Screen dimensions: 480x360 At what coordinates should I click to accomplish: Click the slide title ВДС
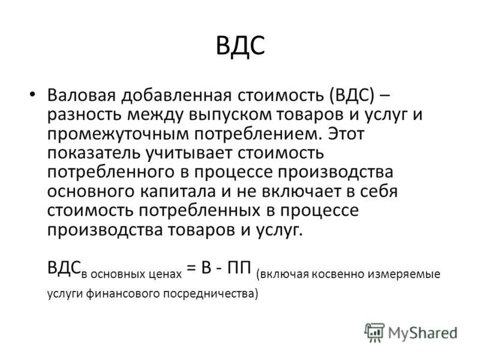(x=241, y=46)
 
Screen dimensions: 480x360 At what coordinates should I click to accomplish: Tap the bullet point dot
(x=32, y=94)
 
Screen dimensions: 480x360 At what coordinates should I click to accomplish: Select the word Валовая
(x=82, y=95)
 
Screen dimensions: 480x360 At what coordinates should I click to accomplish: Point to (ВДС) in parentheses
(x=352, y=95)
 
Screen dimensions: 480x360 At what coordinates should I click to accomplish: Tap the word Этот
(x=346, y=134)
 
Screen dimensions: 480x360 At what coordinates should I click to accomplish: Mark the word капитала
(x=178, y=191)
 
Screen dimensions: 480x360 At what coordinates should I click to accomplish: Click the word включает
(x=301, y=191)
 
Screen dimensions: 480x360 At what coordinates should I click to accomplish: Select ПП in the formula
(x=239, y=268)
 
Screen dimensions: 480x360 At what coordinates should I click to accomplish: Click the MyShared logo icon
(x=374, y=332)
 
